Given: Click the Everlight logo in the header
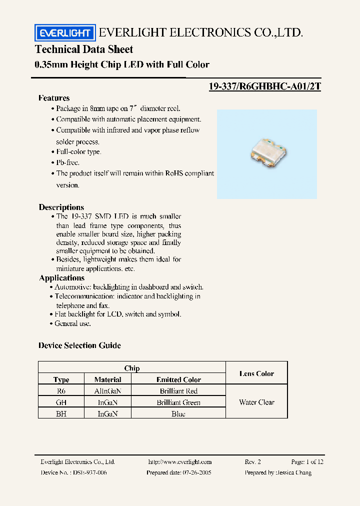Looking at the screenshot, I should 64,33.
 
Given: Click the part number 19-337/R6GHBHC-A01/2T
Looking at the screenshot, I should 264,86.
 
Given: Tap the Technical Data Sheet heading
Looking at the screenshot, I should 84,49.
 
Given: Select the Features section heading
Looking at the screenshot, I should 54,98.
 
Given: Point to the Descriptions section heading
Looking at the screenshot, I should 61,207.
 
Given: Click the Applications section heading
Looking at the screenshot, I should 61,278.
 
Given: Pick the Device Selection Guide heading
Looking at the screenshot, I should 79,345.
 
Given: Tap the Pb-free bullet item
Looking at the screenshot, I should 67,162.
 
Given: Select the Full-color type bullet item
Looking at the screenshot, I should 78,151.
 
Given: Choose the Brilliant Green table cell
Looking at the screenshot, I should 178,402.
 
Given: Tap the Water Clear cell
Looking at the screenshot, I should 256,402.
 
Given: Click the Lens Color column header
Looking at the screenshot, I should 256,373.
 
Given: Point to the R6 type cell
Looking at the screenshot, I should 61,391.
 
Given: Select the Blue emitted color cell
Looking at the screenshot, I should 178,413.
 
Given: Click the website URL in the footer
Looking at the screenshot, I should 180,462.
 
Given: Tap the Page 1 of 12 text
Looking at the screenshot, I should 307,462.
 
